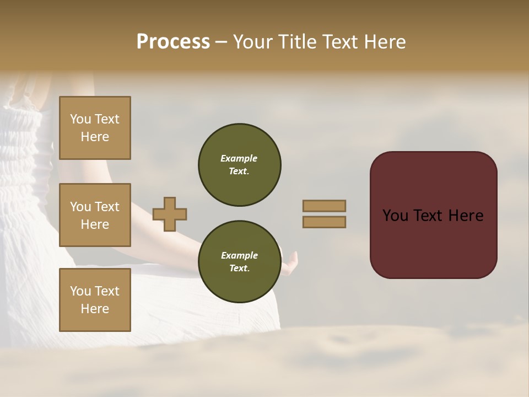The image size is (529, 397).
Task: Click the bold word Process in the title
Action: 173,42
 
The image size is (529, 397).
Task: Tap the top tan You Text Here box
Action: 95,128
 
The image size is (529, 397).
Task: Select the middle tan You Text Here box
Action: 95,215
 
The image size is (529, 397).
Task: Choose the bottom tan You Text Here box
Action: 95,300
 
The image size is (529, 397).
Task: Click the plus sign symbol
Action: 170,214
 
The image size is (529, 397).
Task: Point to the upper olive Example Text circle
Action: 240,165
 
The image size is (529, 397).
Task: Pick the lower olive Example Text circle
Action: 240,262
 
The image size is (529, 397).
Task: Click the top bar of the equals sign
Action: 325,206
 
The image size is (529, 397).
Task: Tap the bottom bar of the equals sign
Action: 325,222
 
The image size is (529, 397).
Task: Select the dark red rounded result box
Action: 433,214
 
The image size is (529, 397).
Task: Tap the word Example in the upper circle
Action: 239,158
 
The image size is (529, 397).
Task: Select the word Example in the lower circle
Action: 239,255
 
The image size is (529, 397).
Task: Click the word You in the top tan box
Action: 80,119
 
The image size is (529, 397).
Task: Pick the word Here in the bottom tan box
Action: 95,309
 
